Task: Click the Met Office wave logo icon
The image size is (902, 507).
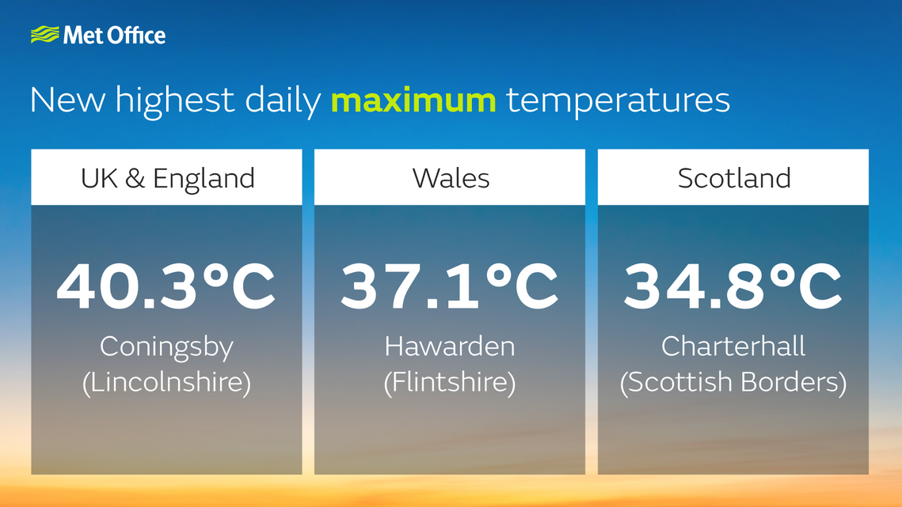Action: pos(45,35)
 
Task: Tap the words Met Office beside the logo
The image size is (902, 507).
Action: pos(114,36)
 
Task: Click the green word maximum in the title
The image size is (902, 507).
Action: pos(413,100)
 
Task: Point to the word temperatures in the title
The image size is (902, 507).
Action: pos(618,100)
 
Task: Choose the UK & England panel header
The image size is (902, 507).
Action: pos(167,178)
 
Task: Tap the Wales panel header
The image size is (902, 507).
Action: pos(451,178)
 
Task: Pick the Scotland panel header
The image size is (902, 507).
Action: pos(734,178)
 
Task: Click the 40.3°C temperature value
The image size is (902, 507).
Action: pos(166,286)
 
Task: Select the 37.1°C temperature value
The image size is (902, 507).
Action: pos(450,286)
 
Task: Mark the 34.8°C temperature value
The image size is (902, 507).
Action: pos(733,286)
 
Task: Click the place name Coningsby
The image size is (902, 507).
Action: pos(166,346)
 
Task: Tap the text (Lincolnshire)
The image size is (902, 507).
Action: pos(166,383)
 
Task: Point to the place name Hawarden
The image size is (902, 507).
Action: pos(450,346)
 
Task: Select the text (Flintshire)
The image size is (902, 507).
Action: pos(450,383)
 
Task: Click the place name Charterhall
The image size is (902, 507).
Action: pos(733,346)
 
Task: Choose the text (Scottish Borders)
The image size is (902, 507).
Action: pos(733,383)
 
